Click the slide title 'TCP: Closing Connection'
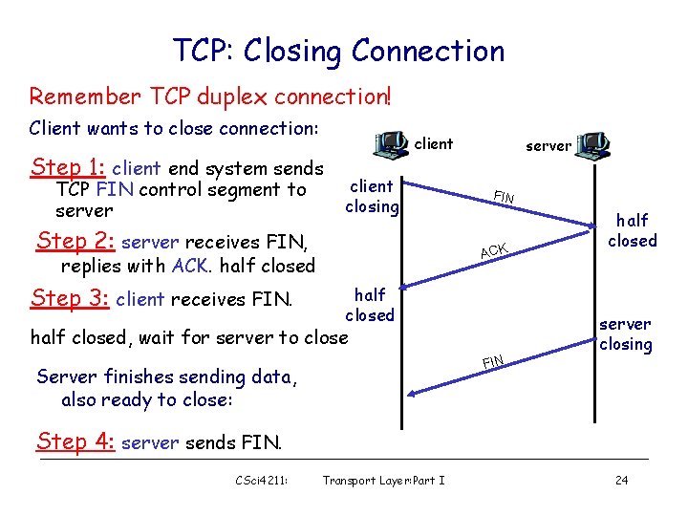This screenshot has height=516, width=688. point(338,50)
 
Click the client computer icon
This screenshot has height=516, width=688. point(391,142)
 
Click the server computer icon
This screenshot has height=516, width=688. point(592,145)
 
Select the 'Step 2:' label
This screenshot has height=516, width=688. point(76,241)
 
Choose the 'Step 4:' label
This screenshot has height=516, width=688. point(75,441)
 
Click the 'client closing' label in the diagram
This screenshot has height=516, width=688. point(372,196)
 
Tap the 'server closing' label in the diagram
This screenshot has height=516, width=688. point(625,334)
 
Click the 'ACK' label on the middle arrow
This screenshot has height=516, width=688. point(494,249)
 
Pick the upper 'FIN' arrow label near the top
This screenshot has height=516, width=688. point(504,198)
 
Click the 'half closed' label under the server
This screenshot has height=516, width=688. point(633,230)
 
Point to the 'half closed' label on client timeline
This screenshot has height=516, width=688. point(370,305)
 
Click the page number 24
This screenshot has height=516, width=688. point(621,480)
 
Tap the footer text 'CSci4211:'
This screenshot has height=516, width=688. point(262,480)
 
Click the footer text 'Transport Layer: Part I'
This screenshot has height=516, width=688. point(383,480)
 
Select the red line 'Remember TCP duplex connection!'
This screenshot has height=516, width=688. point(210,97)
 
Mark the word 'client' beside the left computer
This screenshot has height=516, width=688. point(434,144)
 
